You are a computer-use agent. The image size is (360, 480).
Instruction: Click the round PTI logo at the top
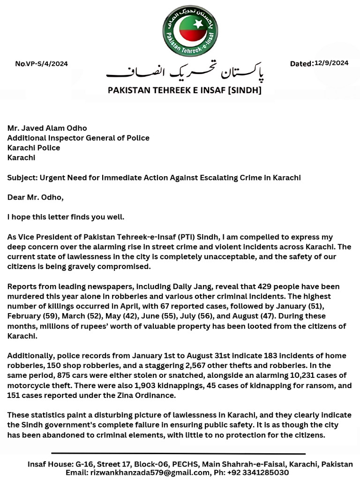(x=190, y=30)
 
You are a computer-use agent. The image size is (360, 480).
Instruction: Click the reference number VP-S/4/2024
(x=47, y=64)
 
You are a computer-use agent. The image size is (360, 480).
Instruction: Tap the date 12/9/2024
(x=331, y=63)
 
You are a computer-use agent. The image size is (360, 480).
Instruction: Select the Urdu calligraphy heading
(x=185, y=72)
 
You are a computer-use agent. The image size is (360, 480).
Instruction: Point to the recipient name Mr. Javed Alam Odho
(x=47, y=128)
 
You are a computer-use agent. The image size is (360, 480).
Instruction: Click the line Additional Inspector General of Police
(x=78, y=138)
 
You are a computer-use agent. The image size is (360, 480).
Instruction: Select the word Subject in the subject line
(x=22, y=178)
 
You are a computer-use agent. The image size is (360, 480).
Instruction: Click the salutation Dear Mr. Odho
(x=35, y=197)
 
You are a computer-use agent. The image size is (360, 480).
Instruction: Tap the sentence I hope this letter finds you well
(x=66, y=217)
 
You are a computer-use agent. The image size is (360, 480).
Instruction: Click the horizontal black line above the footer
(x=178, y=454)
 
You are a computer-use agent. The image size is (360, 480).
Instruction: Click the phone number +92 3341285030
(x=259, y=472)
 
